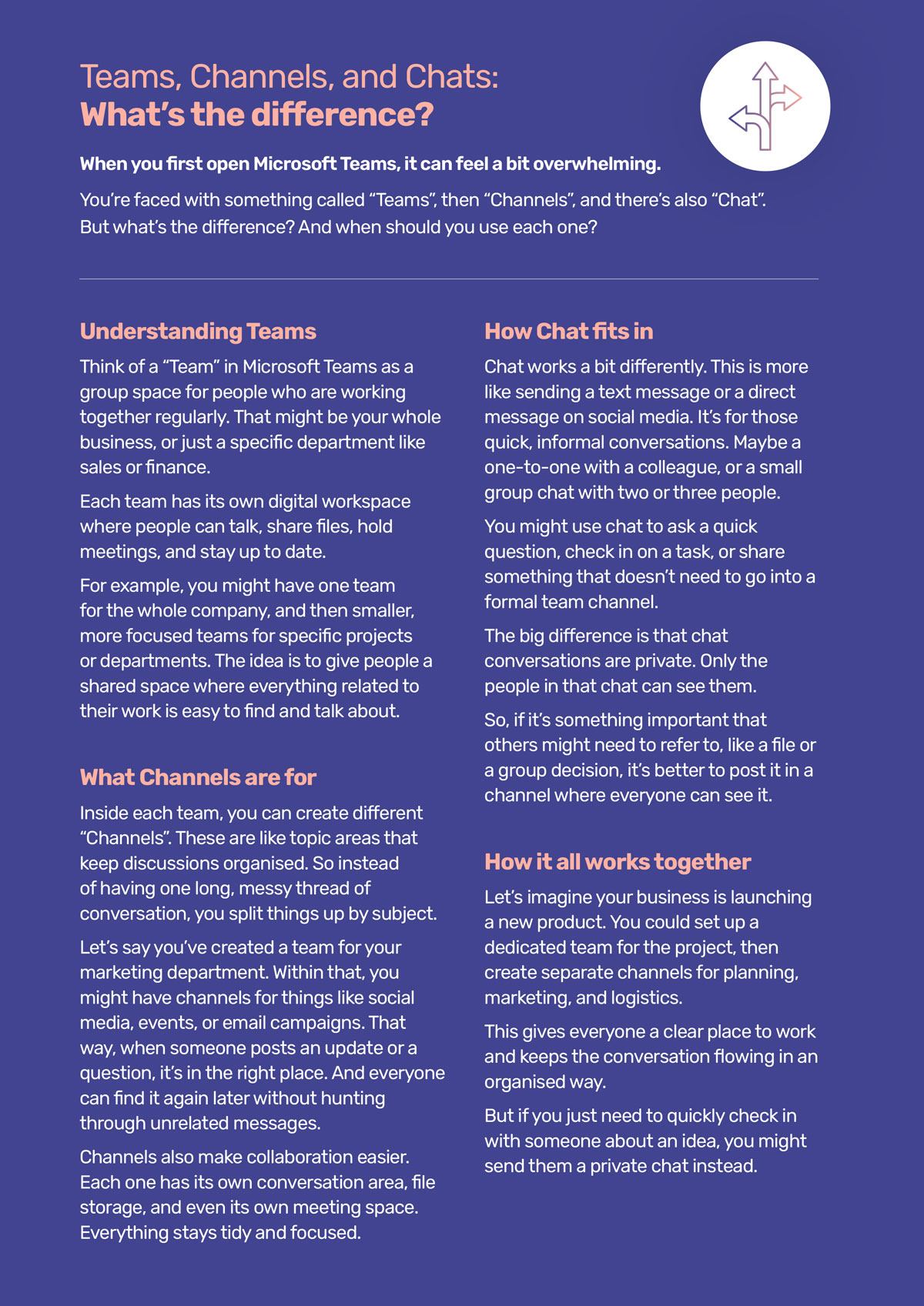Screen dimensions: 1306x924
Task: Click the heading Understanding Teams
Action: coord(198,332)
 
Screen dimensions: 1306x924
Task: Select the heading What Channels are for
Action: coord(198,777)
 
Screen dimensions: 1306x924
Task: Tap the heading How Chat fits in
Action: coord(568,332)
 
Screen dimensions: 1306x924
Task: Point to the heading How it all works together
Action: coord(617,862)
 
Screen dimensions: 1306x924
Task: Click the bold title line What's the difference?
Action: coord(256,115)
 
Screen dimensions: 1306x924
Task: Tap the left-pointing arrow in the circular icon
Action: coord(741,118)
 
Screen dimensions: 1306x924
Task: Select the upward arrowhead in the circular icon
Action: coord(765,72)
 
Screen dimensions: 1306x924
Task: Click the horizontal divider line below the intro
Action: coord(449,279)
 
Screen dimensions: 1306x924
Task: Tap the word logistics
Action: coord(645,998)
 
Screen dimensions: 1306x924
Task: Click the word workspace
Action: coord(366,502)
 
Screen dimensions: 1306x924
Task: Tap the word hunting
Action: coord(353,1099)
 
